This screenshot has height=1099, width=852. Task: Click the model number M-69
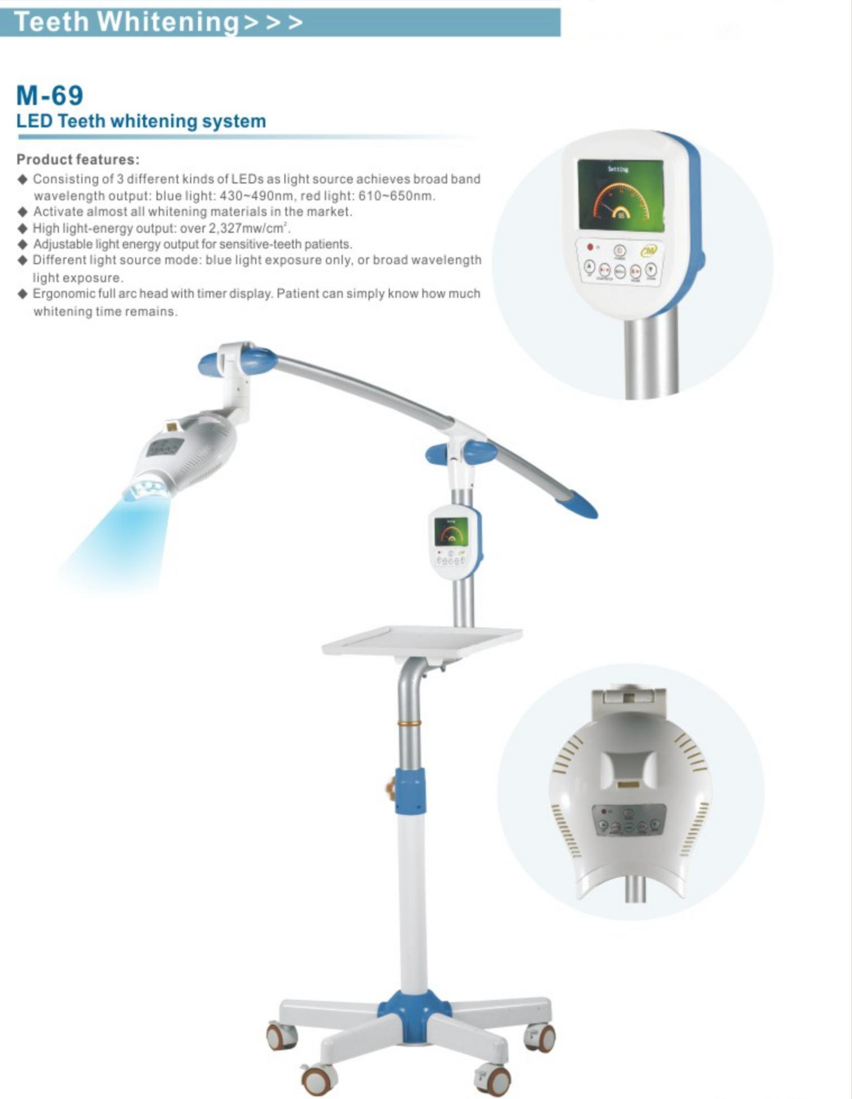49,95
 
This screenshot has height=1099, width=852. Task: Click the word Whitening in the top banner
168,22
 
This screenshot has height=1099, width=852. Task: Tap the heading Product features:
78,159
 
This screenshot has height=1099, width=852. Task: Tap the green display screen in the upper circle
620,194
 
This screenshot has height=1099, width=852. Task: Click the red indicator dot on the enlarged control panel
590,246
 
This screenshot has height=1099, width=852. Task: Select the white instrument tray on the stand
422,640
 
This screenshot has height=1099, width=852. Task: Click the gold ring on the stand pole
409,724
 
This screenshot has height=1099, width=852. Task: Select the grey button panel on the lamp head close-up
629,820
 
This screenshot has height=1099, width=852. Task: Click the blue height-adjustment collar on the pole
410,791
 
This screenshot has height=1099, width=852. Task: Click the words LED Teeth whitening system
141,121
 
